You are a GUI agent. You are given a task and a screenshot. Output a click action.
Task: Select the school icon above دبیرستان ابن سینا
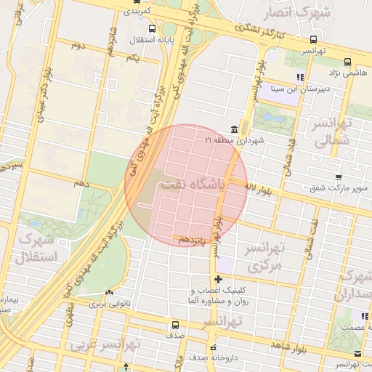coord(299,76)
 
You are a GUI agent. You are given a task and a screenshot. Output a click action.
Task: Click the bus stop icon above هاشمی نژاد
coord(347,62)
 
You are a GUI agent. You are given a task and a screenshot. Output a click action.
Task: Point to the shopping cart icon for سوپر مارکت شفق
coord(338,177)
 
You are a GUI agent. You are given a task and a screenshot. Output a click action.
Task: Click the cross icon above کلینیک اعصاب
coord(218,279)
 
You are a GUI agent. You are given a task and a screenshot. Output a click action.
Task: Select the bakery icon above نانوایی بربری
coord(108,293)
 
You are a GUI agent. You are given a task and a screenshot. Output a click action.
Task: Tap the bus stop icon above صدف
coord(174,325)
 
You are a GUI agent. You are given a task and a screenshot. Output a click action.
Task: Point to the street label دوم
coord(77,45)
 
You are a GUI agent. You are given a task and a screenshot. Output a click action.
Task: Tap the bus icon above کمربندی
coord(137,1)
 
